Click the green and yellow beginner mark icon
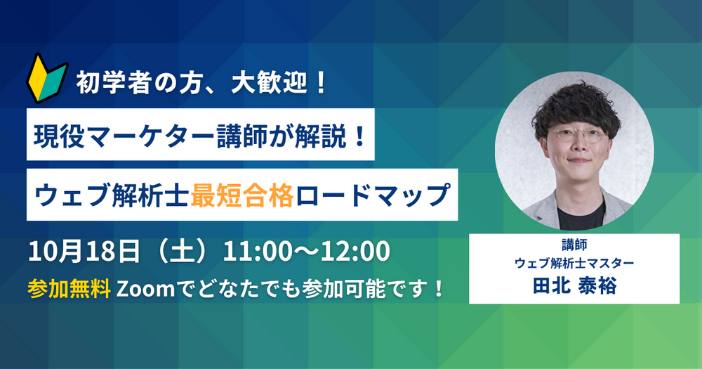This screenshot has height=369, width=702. click(x=47, y=79)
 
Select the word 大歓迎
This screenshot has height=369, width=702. click(x=269, y=84)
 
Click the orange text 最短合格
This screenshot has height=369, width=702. click(x=242, y=195)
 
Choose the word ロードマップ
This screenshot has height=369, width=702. click(x=373, y=195)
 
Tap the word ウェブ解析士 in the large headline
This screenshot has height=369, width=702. click(x=112, y=195)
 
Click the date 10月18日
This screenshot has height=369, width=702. click(x=84, y=251)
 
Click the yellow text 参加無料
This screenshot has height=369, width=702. click(x=69, y=289)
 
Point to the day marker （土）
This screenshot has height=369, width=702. click(x=181, y=251)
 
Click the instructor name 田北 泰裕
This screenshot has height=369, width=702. click(x=574, y=285)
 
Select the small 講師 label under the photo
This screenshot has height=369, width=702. click(x=574, y=245)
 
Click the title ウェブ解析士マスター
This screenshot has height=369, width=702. click(x=574, y=262)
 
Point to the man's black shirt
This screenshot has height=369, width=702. click(x=581, y=216)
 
